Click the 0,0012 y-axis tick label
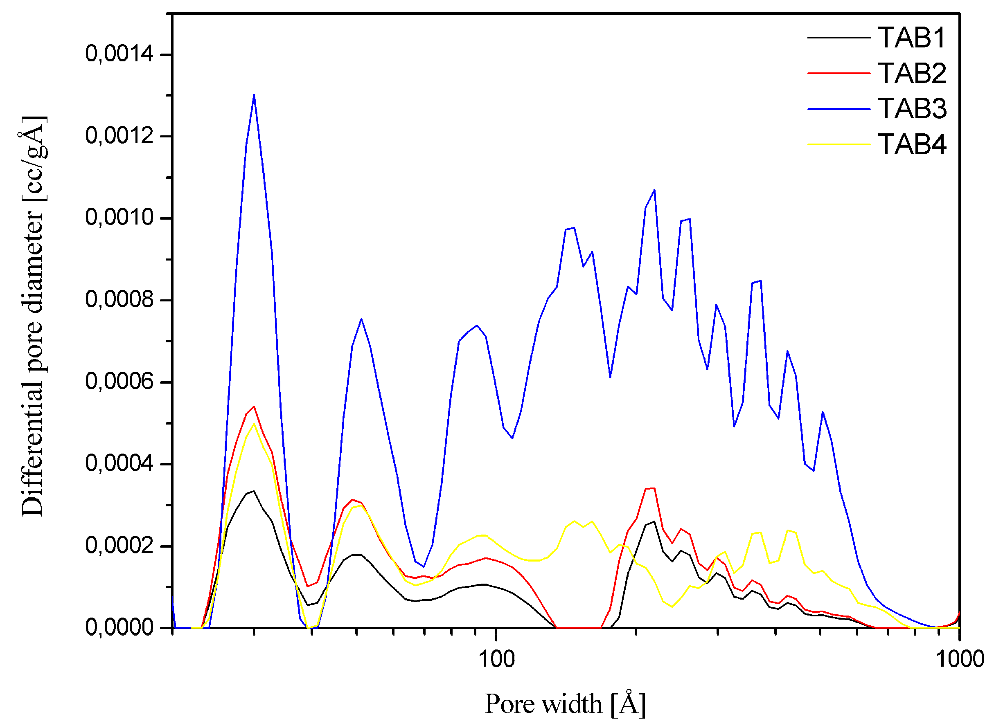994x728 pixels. click(x=119, y=136)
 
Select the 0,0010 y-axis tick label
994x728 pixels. click(x=119, y=217)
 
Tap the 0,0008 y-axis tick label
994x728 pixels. click(x=119, y=300)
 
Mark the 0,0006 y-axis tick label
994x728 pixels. click(x=119, y=381)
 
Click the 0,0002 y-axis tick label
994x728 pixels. click(x=119, y=546)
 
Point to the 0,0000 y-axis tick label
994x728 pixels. click(x=119, y=627)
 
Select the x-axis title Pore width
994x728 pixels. click(x=565, y=704)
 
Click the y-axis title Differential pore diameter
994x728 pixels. click(x=33, y=316)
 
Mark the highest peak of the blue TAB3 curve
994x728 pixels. click(x=254, y=95)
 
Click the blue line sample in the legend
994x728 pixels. click(x=838, y=109)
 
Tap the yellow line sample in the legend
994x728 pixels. click(x=838, y=144)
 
